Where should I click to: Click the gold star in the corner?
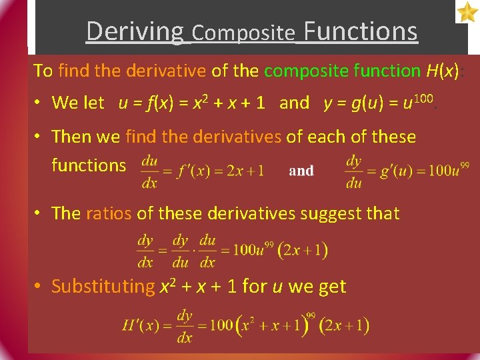467,11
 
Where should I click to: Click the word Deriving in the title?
134,31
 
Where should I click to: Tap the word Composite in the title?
243,33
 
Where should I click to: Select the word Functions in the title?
361,31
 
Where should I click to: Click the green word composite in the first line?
307,70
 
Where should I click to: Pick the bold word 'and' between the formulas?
301,171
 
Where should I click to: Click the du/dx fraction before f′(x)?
150,171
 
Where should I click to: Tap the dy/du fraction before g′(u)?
353,171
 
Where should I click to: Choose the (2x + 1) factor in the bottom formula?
344,326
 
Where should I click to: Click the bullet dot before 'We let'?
39,103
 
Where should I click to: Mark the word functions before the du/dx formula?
89,165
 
